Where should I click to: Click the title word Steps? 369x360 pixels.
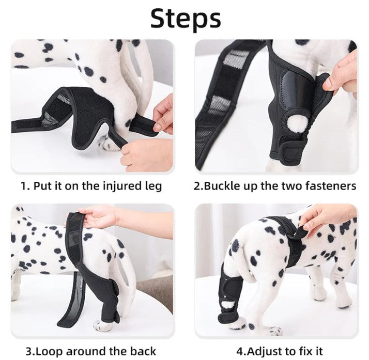pyautogui.click(x=186, y=18)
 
